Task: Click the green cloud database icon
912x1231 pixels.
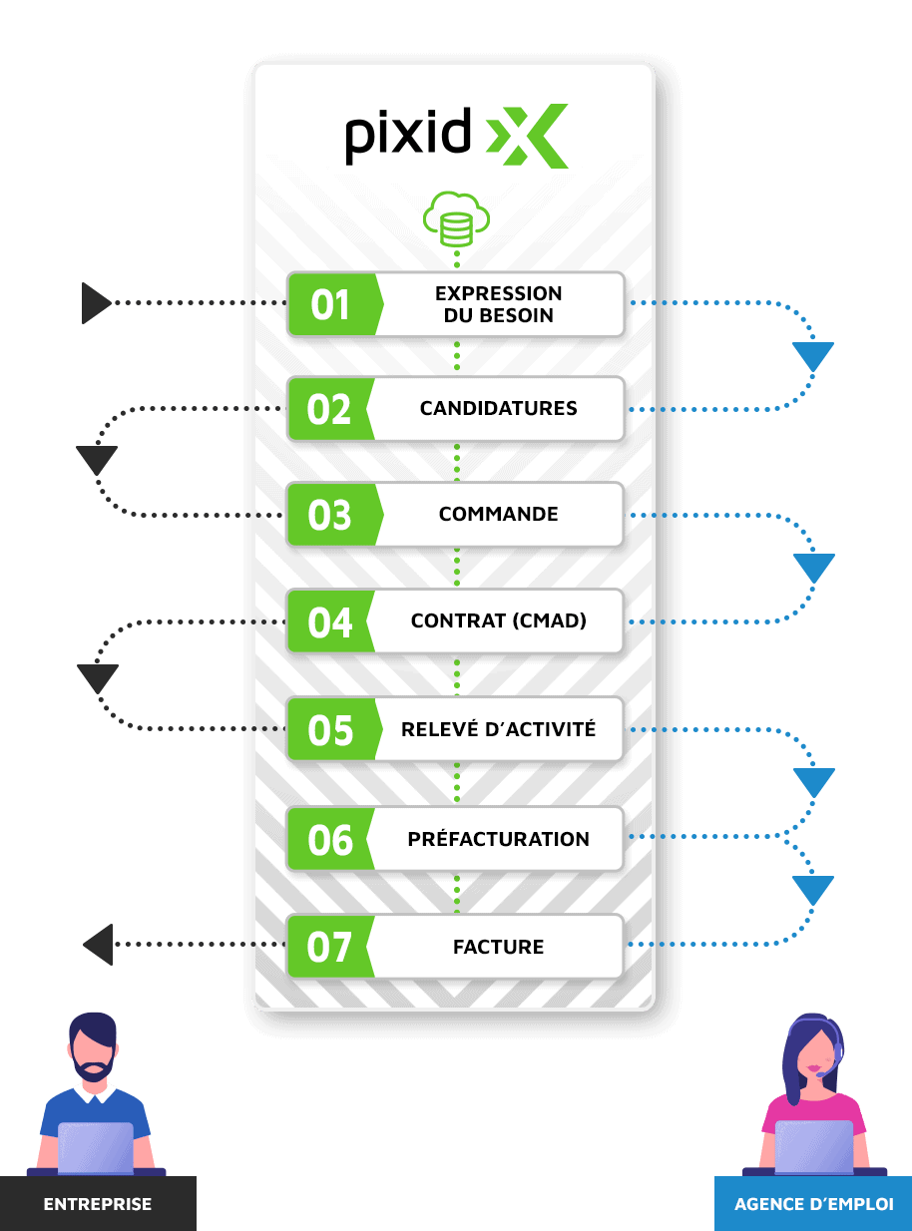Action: click(x=456, y=218)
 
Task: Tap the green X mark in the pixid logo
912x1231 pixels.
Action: click(x=527, y=136)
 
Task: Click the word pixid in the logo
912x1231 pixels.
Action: click(x=408, y=136)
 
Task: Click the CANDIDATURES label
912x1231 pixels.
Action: click(x=499, y=408)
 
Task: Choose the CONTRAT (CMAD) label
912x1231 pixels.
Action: click(x=499, y=620)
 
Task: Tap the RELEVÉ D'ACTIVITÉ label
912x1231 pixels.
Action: click(x=499, y=728)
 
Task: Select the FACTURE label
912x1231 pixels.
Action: click(x=499, y=947)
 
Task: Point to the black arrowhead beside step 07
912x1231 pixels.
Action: click(x=98, y=945)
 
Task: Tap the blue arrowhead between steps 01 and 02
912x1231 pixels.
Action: click(x=813, y=356)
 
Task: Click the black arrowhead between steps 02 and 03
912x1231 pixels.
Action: click(x=97, y=460)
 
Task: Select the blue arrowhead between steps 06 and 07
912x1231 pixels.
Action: click(x=813, y=890)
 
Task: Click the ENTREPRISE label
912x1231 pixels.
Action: click(x=98, y=1204)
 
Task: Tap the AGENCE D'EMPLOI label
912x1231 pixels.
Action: click(x=814, y=1204)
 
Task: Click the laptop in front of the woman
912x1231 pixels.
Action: click(x=814, y=1146)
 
